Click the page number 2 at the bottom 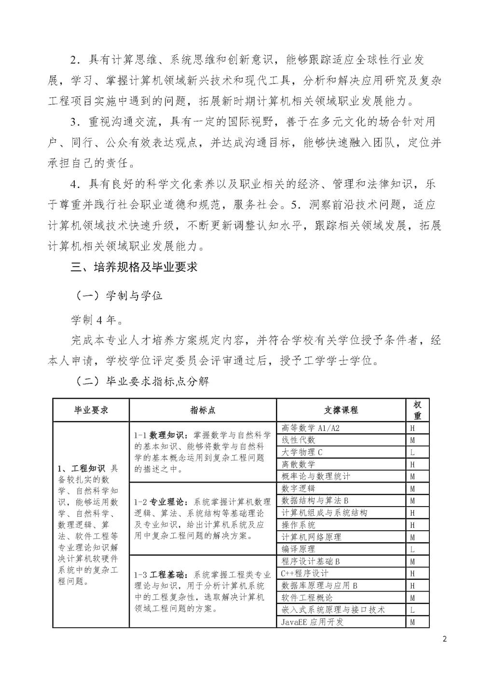pyautogui.click(x=444, y=640)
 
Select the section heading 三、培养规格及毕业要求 pyautogui.click(x=134, y=267)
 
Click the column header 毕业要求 pyautogui.click(x=91, y=410)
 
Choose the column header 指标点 pyautogui.click(x=203, y=410)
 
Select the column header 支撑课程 pyautogui.click(x=341, y=410)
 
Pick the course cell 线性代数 pyautogui.click(x=299, y=440)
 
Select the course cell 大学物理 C pyautogui.click(x=302, y=452)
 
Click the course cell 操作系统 pyautogui.click(x=299, y=525)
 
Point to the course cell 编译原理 pyautogui.click(x=299, y=549)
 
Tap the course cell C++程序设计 pyautogui.click(x=305, y=573)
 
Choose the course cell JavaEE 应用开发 pyautogui.click(x=313, y=622)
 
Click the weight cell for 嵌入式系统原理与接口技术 pyautogui.click(x=412, y=610)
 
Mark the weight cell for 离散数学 pyautogui.click(x=412, y=464)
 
